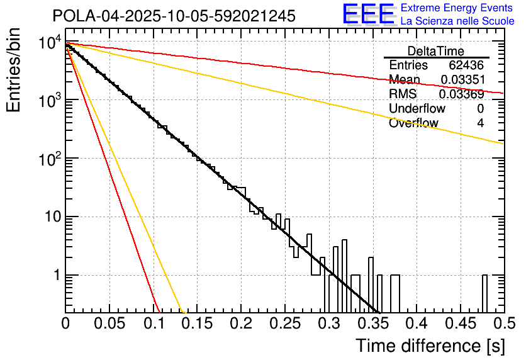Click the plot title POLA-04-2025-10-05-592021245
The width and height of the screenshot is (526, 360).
click(174, 16)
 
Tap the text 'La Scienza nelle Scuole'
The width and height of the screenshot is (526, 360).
click(457, 21)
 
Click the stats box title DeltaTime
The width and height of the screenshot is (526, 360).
click(435, 51)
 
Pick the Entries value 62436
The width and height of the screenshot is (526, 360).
click(466, 65)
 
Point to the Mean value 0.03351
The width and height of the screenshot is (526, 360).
click(462, 80)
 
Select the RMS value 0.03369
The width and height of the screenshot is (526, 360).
click(462, 94)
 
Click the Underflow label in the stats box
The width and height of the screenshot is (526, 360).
click(413, 109)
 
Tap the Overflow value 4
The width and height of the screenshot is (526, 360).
click(480, 123)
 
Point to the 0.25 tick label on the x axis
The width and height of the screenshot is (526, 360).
click(285, 323)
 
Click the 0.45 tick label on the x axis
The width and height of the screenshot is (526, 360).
click(460, 323)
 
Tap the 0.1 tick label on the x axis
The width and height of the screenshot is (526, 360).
click(154, 323)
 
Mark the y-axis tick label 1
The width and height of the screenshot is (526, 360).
click(57, 276)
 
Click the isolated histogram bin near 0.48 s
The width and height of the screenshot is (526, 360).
click(484, 293)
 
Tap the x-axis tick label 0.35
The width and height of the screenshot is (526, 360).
click(372, 323)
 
